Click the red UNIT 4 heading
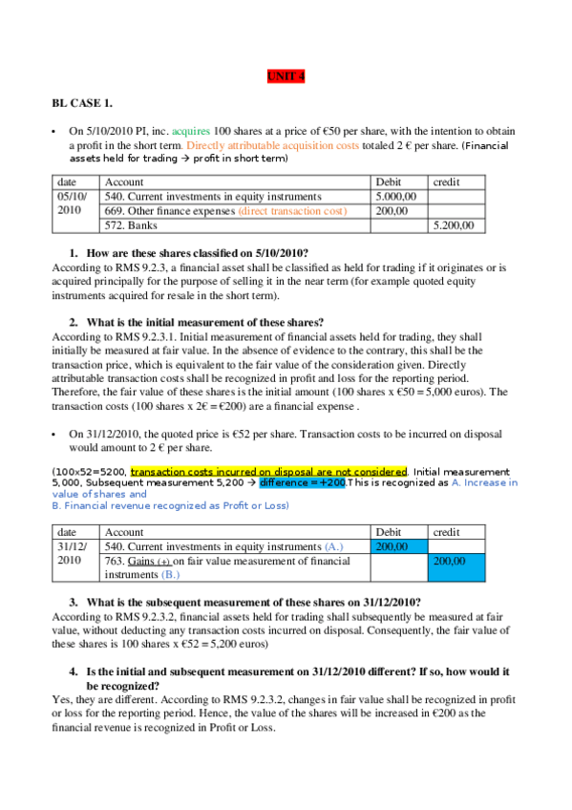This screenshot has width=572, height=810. [286, 77]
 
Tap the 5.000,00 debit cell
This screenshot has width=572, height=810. [397, 197]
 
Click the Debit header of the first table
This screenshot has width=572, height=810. [390, 181]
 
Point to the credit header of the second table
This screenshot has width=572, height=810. [446, 531]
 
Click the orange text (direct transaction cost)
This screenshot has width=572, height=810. [292, 211]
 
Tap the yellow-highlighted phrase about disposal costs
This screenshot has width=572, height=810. [269, 471]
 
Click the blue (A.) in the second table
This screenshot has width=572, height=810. [333, 546]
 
